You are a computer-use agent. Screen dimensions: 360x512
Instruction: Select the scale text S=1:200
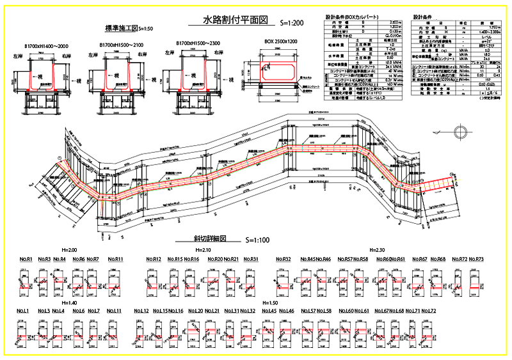pyautogui.click(x=291, y=23)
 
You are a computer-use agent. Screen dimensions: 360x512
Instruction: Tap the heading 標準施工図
pyautogui.click(x=122, y=28)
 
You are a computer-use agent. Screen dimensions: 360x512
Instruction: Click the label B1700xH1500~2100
pyautogui.click(x=122, y=45)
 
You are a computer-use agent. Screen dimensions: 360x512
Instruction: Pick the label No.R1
pyautogui.click(x=26, y=260)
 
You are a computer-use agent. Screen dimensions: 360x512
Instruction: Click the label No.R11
pyautogui.click(x=115, y=260)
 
